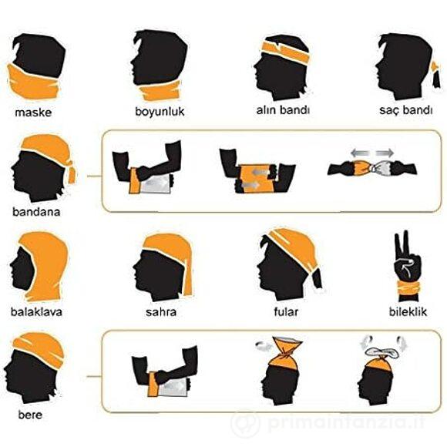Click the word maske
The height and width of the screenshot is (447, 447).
point(33,113)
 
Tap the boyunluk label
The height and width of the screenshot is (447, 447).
point(160,112)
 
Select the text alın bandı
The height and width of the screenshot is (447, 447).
point(283,110)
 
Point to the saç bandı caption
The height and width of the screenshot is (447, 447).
point(406,110)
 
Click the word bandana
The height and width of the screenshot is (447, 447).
point(36,212)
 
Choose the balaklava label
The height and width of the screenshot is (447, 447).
point(36,311)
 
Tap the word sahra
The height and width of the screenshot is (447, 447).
point(161,312)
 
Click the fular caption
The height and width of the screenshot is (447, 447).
point(286,311)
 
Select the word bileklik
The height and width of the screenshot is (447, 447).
point(408,311)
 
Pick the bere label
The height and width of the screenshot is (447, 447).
point(30,415)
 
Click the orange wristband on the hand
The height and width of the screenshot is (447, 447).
point(408,288)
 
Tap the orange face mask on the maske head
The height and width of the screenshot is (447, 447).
point(33,82)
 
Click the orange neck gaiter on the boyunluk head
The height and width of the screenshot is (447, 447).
point(161,91)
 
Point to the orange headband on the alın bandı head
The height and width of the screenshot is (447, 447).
point(285,52)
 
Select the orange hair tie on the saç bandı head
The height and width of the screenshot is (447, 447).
point(435,68)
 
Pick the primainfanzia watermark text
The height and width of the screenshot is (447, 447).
point(345,422)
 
